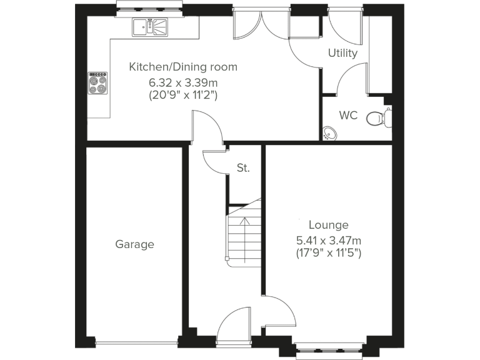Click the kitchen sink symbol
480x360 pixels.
tap(150, 26)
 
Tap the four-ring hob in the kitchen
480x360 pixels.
tap(97, 83)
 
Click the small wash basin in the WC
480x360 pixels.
tap(329, 133)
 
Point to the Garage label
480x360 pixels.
tap(134, 244)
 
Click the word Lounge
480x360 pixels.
tap(329, 225)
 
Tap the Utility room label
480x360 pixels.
tap(342, 53)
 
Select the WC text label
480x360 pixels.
tap(348, 116)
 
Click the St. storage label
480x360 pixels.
tap(243, 167)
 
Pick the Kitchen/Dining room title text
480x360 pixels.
tap(182, 67)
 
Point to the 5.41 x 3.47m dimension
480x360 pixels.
tap(329, 240)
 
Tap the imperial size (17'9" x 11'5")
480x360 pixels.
tap(329, 254)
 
